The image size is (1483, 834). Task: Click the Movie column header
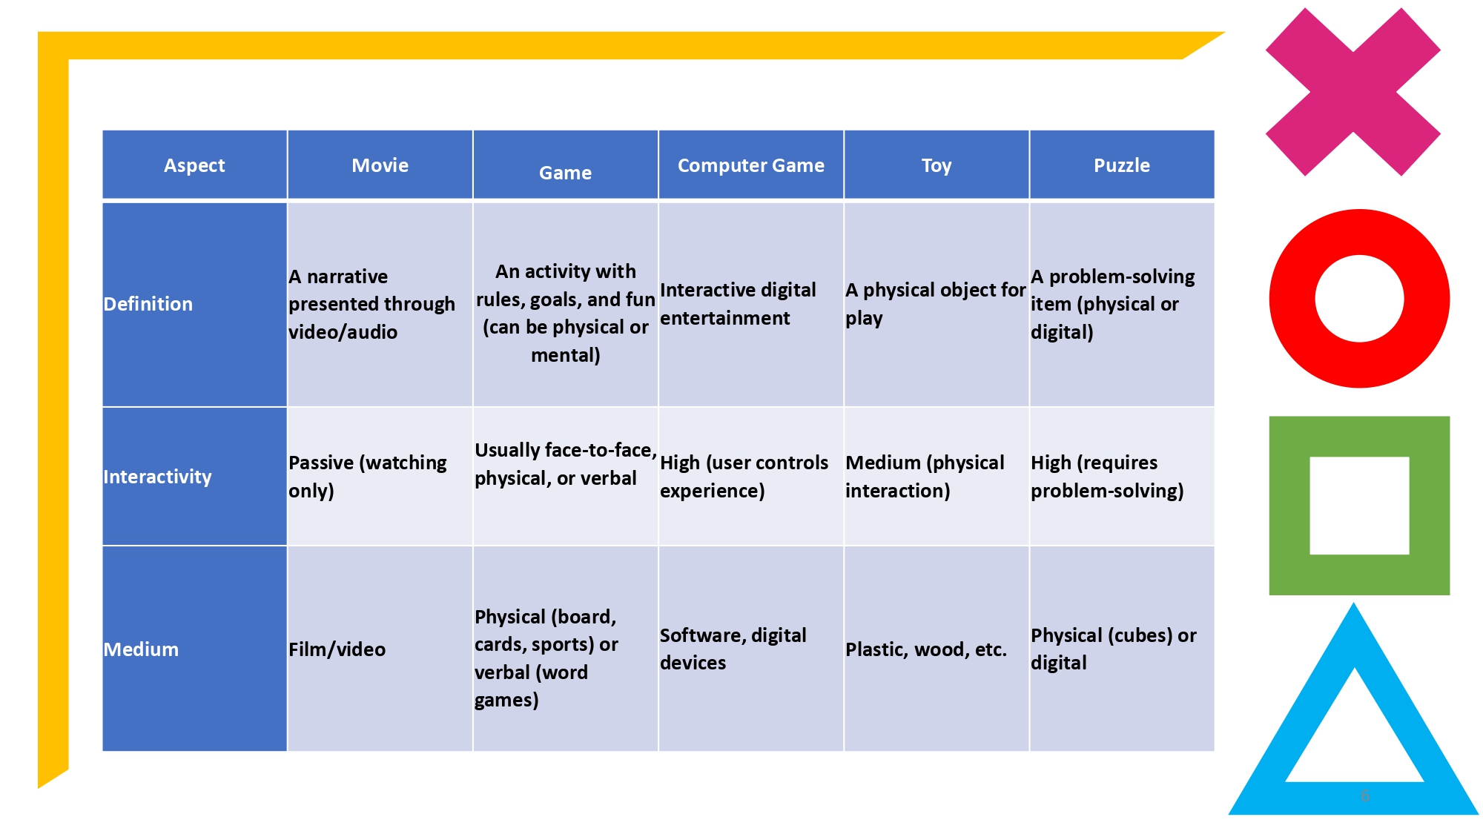coord(380,165)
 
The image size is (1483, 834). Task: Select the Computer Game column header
coord(750,165)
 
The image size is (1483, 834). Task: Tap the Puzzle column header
coord(1121,165)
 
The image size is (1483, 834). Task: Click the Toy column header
coord(936,165)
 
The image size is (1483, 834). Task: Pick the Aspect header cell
coord(194,165)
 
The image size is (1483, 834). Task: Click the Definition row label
coord(148,304)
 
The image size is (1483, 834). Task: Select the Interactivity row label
coord(157,477)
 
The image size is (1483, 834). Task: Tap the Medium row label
coord(141,649)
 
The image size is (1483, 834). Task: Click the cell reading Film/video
coord(337,649)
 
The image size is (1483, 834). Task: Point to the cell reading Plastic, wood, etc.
coord(926,649)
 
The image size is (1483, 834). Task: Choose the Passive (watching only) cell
coord(367,477)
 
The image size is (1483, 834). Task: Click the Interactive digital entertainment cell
coord(737,304)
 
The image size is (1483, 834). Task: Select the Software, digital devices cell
coord(733,649)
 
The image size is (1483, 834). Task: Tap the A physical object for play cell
coord(934,304)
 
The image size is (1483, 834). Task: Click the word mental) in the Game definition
coord(565,355)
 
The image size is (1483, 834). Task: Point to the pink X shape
coord(1352,92)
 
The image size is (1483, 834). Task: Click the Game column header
coord(565,173)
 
